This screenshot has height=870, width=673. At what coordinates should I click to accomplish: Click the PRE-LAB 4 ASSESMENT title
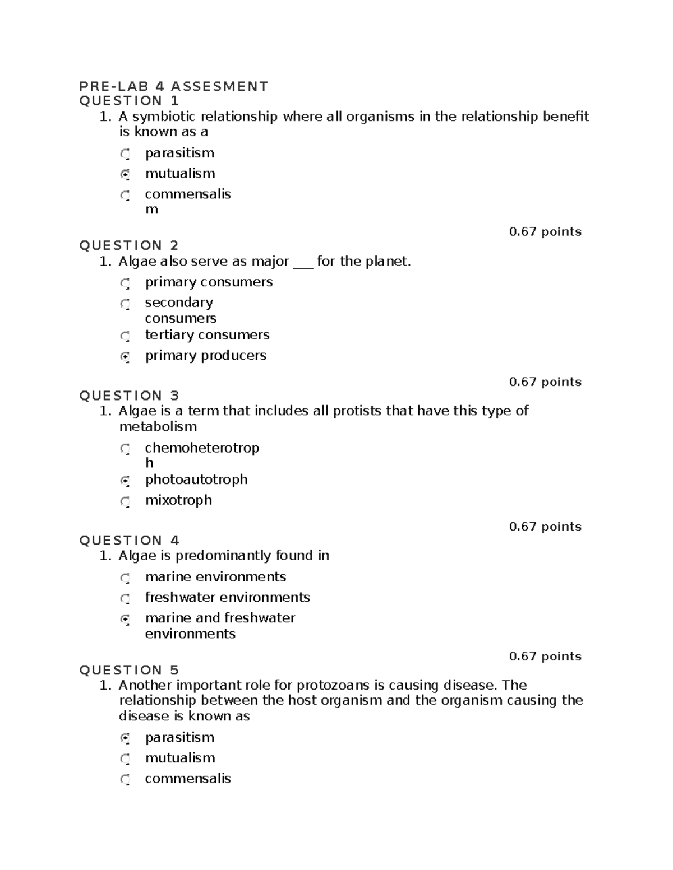[x=173, y=86]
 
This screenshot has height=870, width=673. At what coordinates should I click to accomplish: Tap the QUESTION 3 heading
[x=129, y=396]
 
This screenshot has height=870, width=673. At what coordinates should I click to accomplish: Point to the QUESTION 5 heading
[x=129, y=670]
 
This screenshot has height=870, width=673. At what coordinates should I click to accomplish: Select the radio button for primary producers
[x=125, y=356]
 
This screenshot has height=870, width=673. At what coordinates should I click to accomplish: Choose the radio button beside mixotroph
[x=125, y=501]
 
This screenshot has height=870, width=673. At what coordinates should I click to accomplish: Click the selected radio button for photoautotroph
[x=125, y=480]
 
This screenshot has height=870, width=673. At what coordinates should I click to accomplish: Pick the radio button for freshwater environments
[x=125, y=598]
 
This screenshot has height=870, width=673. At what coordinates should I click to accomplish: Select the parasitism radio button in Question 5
[x=125, y=738]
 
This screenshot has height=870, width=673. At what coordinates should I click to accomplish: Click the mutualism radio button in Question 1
[x=125, y=174]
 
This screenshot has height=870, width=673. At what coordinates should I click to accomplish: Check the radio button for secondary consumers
[x=125, y=304]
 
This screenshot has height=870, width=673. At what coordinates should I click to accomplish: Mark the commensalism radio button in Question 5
[x=125, y=779]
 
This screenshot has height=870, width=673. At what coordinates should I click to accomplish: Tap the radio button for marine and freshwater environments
[x=125, y=619]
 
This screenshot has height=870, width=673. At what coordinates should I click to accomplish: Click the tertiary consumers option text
[x=207, y=335]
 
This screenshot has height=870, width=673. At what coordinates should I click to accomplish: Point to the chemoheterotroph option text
[x=202, y=448]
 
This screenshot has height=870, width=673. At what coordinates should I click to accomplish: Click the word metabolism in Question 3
[x=158, y=426]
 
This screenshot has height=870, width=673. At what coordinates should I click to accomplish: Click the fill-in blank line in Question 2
[x=303, y=262]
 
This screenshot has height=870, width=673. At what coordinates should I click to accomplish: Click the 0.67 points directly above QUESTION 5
[x=545, y=656]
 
